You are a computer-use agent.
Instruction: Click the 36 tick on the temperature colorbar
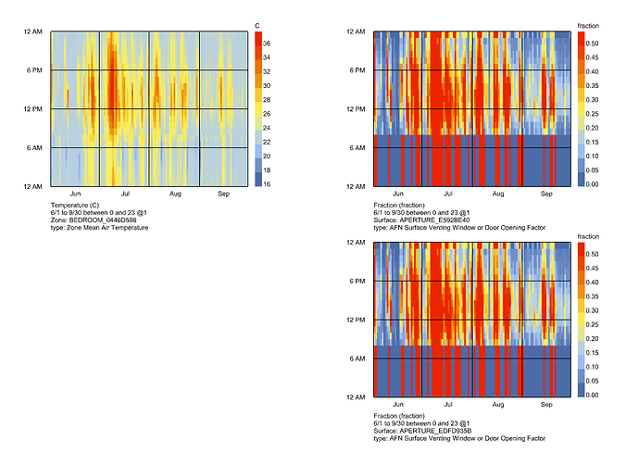tap(267, 44)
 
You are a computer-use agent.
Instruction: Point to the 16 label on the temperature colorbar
tap(267, 185)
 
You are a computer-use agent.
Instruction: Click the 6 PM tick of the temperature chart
tap(38, 70)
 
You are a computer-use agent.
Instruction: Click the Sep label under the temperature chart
tap(223, 195)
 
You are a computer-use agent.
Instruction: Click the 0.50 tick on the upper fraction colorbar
tap(593, 43)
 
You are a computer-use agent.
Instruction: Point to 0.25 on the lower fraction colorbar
tap(593, 324)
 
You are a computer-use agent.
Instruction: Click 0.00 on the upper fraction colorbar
tap(593, 185)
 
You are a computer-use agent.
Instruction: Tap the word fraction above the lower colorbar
tap(589, 236)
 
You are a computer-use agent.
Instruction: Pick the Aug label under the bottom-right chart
tap(497, 405)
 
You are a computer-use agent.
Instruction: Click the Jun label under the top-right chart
tap(397, 195)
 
